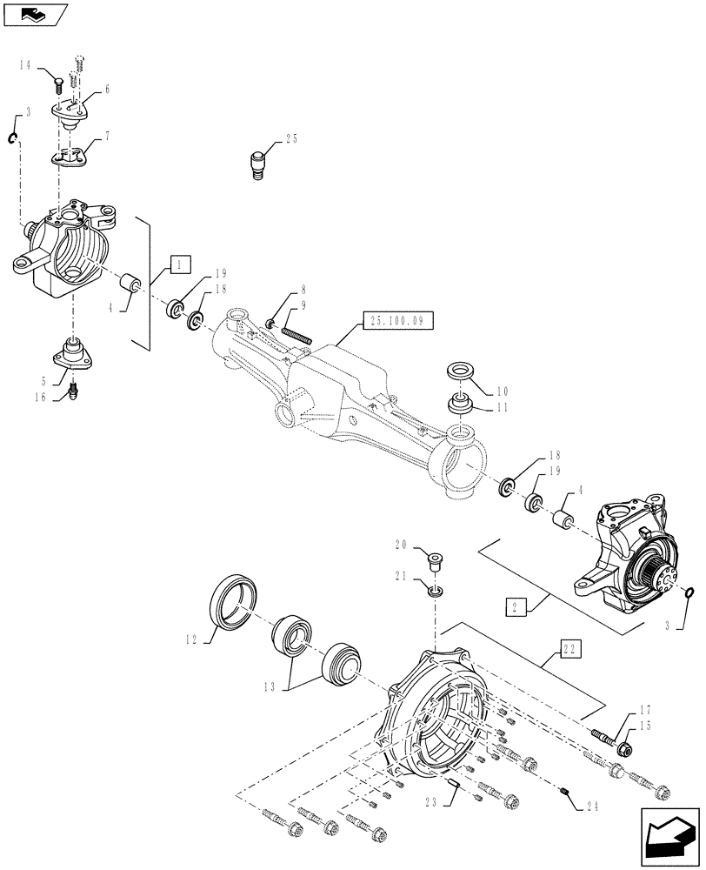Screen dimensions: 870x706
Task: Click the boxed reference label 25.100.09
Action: (x=396, y=320)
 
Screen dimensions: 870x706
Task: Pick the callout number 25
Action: (x=290, y=138)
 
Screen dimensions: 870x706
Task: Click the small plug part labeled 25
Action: (x=257, y=164)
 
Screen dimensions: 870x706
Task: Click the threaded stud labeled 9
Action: (x=295, y=332)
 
